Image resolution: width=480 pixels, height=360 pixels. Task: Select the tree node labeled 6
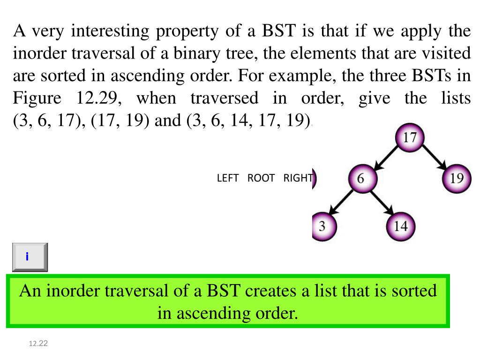361,179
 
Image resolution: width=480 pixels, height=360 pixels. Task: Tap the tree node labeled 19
457,179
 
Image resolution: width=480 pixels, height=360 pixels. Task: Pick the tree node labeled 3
322,227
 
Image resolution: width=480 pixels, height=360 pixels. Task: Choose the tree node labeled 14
400,227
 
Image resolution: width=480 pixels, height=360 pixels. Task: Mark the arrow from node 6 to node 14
381,202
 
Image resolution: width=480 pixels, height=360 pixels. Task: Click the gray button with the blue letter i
30,257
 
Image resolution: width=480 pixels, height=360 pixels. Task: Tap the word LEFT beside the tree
228,179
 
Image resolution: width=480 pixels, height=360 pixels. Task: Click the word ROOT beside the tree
261,179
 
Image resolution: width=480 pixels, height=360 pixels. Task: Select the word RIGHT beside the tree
298,179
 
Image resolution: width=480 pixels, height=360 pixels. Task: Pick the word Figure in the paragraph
37,98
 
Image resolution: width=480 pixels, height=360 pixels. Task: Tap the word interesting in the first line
111,31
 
